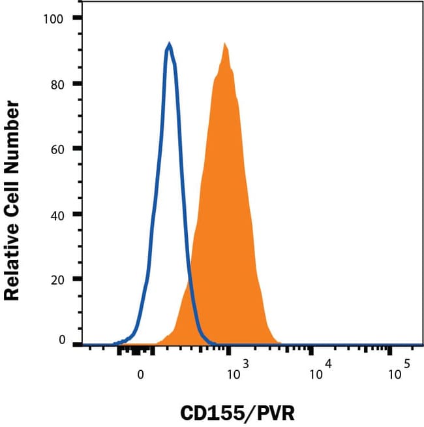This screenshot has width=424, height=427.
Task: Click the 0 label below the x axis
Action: (140, 375)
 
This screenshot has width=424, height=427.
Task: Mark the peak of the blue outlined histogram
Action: (169, 44)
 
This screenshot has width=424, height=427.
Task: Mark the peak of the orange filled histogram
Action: (224, 44)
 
